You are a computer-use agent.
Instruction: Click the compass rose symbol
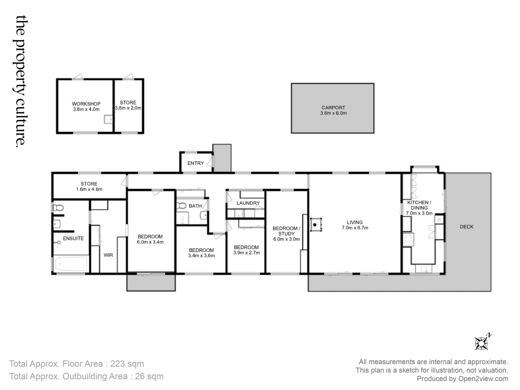481,343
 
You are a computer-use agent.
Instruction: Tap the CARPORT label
333,108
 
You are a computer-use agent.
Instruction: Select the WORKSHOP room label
86,104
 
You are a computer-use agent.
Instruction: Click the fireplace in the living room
316,225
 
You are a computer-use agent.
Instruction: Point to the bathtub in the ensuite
71,264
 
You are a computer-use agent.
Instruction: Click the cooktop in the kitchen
408,239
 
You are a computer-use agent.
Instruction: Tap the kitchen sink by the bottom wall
424,269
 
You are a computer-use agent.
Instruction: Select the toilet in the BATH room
181,205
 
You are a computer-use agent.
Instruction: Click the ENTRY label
195,163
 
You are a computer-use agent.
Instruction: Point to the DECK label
467,227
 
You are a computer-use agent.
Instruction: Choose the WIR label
108,255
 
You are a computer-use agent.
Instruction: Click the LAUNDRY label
248,203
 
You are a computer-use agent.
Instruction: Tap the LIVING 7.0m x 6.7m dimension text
355,228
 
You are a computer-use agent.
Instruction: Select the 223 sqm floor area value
127,364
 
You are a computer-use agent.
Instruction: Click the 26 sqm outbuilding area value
149,376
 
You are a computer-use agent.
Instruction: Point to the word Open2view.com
483,379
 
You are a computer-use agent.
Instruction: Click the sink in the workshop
108,119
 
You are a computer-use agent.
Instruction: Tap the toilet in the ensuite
58,208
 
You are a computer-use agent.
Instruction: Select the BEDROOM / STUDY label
286,231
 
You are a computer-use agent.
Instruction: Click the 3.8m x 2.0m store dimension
128,108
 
